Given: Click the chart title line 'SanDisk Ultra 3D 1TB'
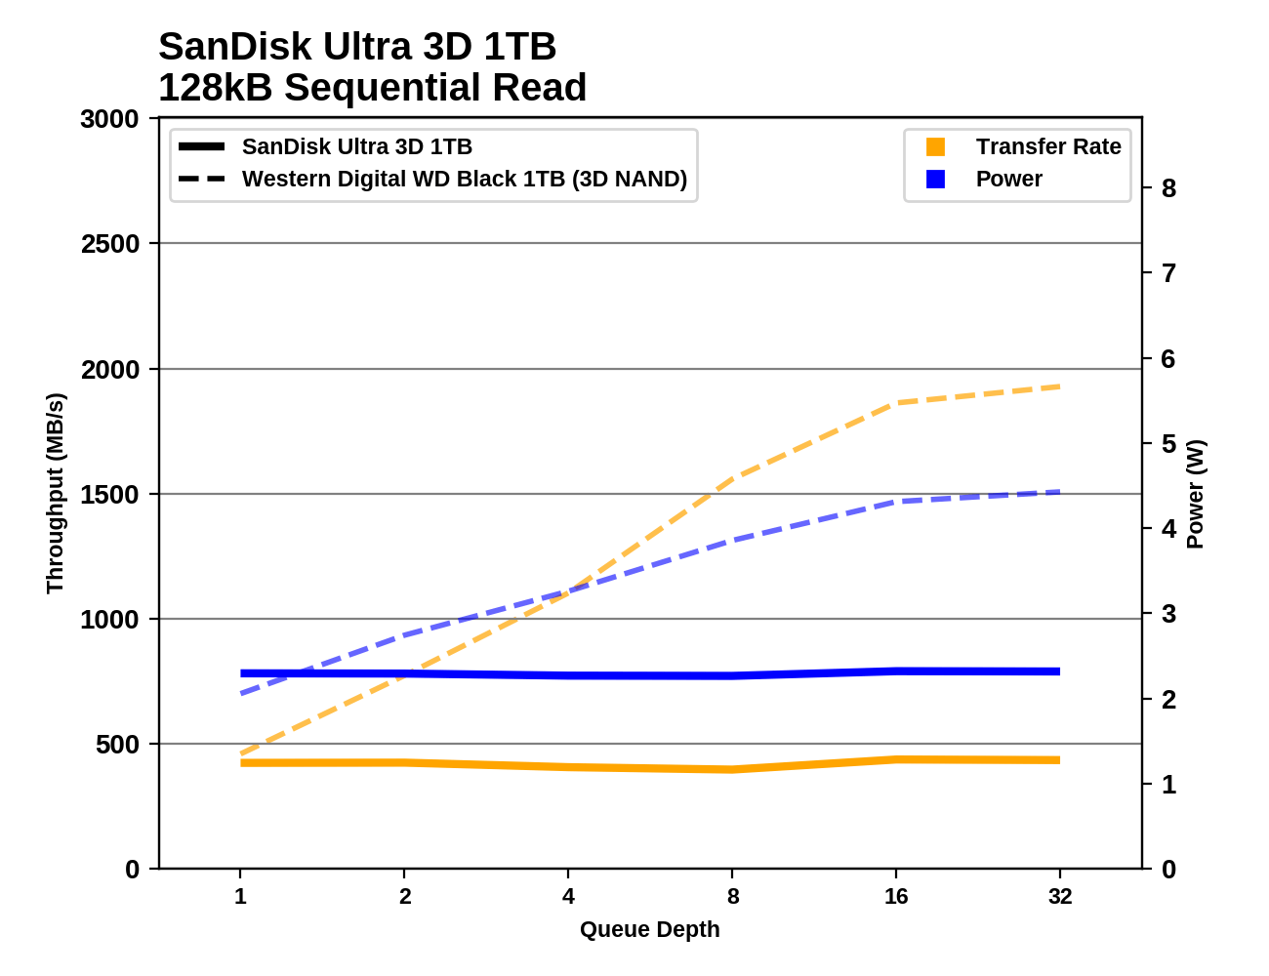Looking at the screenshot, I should (x=357, y=47).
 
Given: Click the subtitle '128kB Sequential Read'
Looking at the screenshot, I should (x=372, y=88).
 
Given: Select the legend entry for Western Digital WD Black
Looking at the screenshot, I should (x=464, y=180).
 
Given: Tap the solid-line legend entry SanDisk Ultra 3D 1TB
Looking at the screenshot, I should (x=356, y=146).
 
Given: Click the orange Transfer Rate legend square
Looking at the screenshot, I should (x=935, y=146).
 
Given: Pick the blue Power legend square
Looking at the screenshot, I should (x=935, y=180).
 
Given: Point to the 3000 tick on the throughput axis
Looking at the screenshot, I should (x=109, y=119).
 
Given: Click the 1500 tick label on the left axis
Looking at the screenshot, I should (x=109, y=495).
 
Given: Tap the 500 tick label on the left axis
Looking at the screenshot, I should (x=117, y=745).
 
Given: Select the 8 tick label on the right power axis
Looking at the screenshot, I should (x=1168, y=188).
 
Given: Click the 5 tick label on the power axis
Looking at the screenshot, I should (x=1168, y=444).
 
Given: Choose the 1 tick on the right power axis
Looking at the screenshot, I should (x=1168, y=785).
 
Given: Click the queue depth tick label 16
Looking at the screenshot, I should (x=896, y=896).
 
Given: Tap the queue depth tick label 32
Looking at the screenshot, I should (x=1060, y=896).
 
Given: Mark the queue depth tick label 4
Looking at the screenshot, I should (x=568, y=896).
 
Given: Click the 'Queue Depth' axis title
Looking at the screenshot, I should (x=649, y=929).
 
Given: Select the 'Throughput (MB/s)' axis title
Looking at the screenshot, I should (x=55, y=493).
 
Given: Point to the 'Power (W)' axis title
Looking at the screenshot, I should (x=1196, y=494).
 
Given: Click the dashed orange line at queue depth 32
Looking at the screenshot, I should (x=1060, y=386).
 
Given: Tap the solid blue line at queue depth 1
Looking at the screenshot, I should (x=241, y=673).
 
